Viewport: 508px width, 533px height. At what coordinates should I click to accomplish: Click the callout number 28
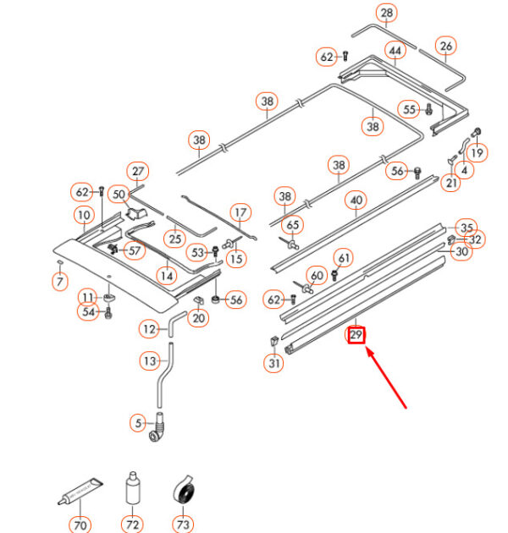pos(387,14)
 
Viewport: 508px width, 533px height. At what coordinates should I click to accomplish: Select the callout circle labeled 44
pos(394,52)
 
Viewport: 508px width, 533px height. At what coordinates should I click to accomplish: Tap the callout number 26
pos(446,45)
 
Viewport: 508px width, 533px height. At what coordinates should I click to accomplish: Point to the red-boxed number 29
pos(356,336)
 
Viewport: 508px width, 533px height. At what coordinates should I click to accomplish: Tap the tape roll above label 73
pos(181,489)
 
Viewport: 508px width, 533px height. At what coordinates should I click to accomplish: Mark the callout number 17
pos(240,212)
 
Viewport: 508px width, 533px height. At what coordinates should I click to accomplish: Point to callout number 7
pos(59,283)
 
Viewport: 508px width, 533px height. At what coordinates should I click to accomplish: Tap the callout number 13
pos(150,361)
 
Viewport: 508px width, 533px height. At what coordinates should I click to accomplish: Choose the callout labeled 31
pos(273,365)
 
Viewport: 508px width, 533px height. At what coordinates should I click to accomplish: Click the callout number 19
pos(477,152)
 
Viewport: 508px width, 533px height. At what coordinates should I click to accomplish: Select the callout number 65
pos(293,225)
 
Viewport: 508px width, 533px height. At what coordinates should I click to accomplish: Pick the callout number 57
pos(135,250)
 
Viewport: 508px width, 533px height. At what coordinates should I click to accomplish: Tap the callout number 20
pos(199,318)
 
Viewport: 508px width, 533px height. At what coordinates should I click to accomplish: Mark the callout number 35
pos(466,227)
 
